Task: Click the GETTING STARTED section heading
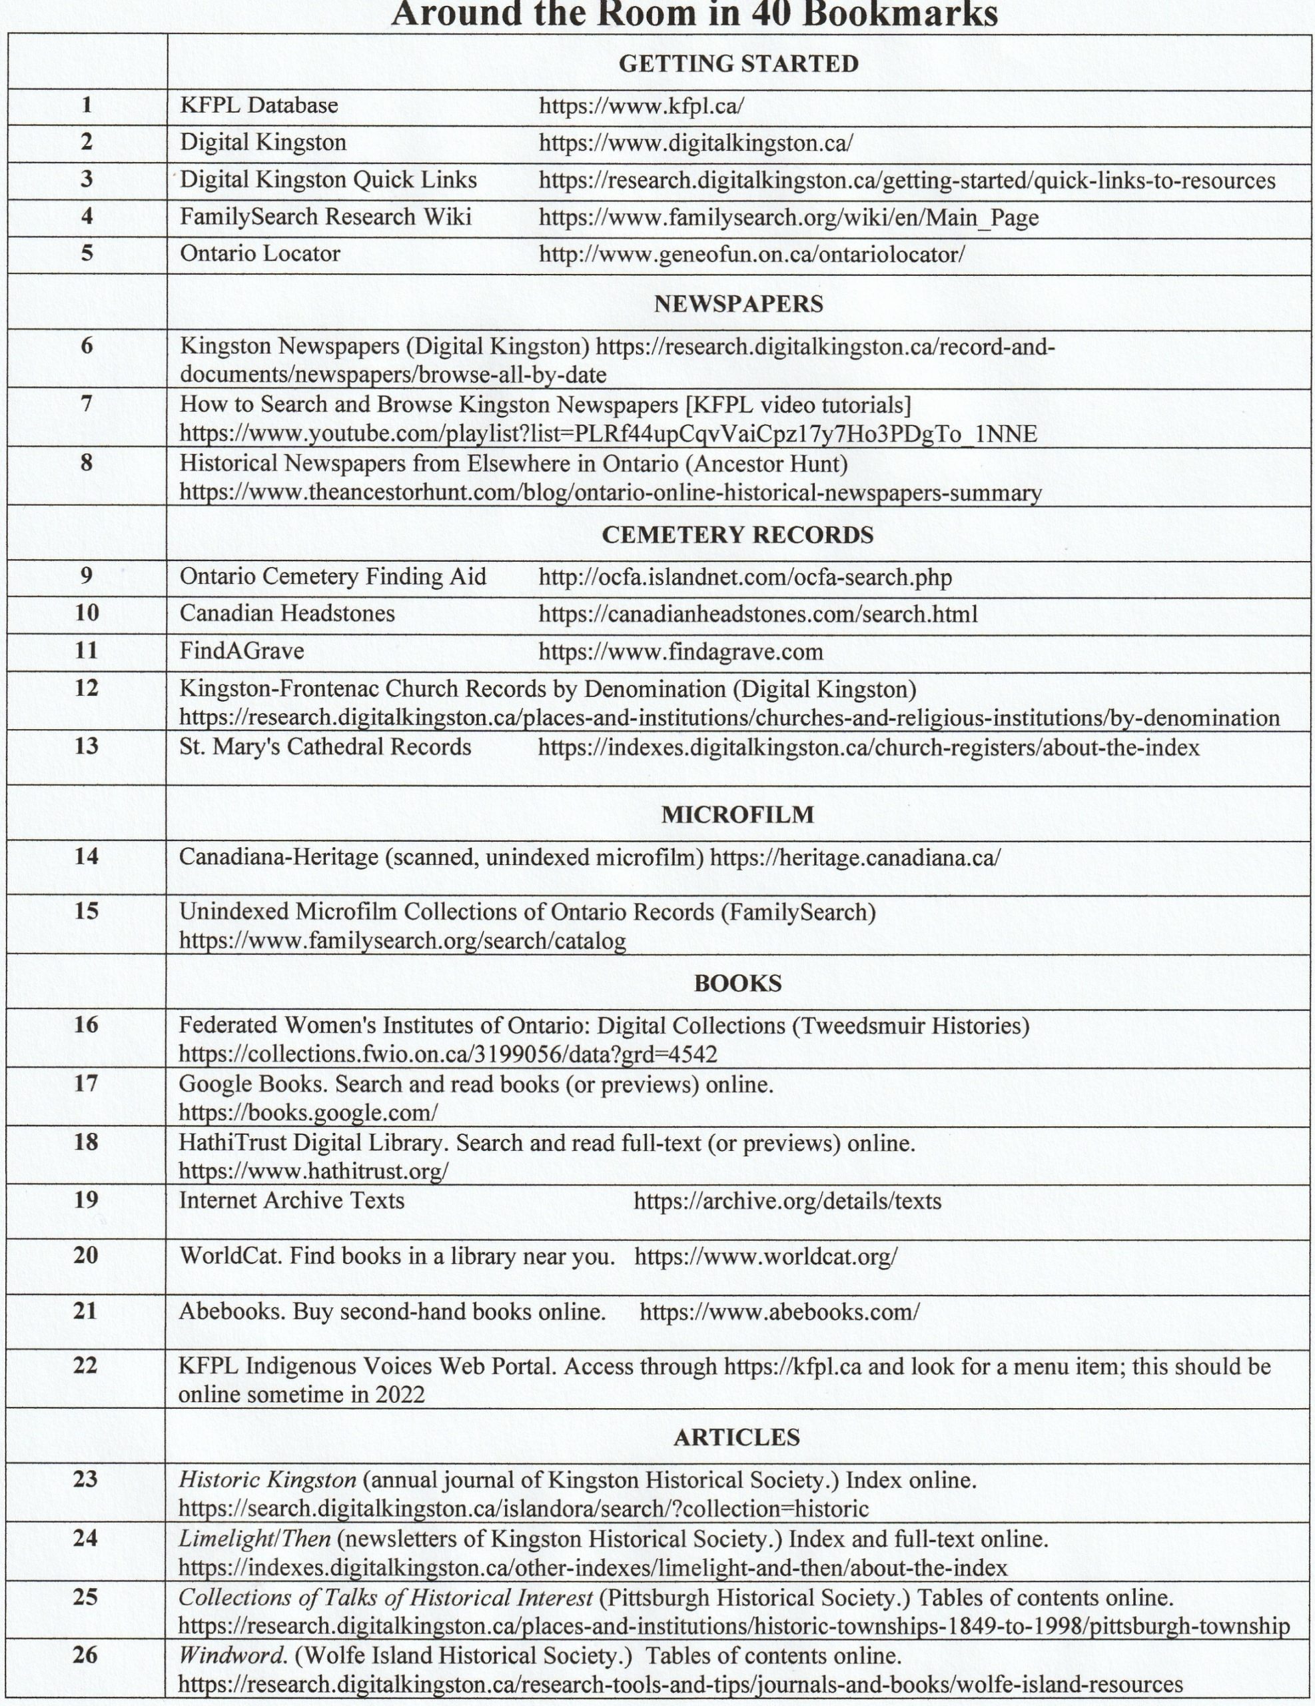coord(738,64)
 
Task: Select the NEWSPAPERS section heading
coord(738,304)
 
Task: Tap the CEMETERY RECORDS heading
coord(737,535)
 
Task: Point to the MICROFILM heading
coord(737,815)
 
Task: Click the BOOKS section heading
coord(737,984)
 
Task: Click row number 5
coord(87,253)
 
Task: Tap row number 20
coord(86,1256)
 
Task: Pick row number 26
coord(85,1655)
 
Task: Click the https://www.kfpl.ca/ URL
coord(641,105)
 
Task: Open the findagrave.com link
coord(680,652)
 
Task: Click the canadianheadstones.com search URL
coord(757,614)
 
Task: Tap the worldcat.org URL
coord(765,1257)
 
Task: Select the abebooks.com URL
coord(779,1311)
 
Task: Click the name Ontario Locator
coord(260,254)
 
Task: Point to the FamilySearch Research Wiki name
coord(326,217)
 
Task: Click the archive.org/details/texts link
coord(787,1201)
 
